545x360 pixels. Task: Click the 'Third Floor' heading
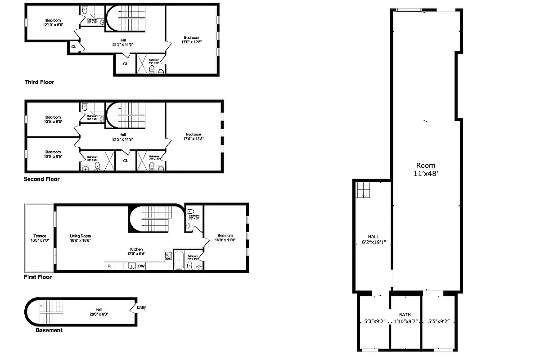(x=39, y=82)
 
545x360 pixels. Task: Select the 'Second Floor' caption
(x=41, y=179)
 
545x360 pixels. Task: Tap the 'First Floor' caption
(x=38, y=277)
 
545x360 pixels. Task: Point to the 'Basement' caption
(x=49, y=330)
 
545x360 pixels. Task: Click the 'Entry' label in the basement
(x=141, y=308)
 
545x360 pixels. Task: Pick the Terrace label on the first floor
(x=40, y=238)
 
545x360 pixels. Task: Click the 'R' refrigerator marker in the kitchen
(x=109, y=266)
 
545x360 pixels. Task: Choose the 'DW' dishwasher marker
(x=141, y=266)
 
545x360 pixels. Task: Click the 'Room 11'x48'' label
(x=425, y=169)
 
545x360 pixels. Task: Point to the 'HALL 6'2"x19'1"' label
(x=373, y=239)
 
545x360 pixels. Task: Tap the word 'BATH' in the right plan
(x=405, y=315)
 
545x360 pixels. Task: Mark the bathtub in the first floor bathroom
(x=179, y=261)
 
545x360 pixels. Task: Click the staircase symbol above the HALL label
(x=363, y=189)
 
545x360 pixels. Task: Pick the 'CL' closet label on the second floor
(x=126, y=161)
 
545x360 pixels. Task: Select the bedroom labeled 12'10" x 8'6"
(x=53, y=22)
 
